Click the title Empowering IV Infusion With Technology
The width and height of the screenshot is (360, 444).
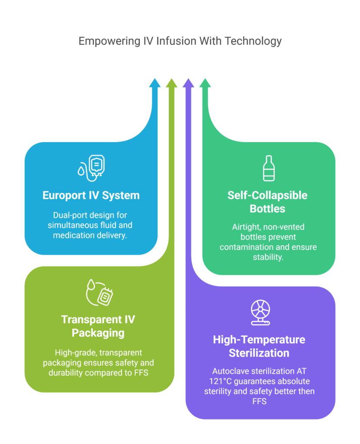pos(180,41)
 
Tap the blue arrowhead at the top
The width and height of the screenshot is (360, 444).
pos(154,83)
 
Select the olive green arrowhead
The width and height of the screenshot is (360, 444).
pos(171,83)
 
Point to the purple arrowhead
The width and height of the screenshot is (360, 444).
pos(188,83)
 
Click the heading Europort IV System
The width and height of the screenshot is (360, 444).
pos(91,195)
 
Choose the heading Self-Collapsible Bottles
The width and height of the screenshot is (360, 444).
pos(268,202)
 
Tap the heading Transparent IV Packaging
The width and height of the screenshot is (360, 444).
pos(98,326)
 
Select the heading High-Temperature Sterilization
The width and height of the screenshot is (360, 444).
pos(259,346)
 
